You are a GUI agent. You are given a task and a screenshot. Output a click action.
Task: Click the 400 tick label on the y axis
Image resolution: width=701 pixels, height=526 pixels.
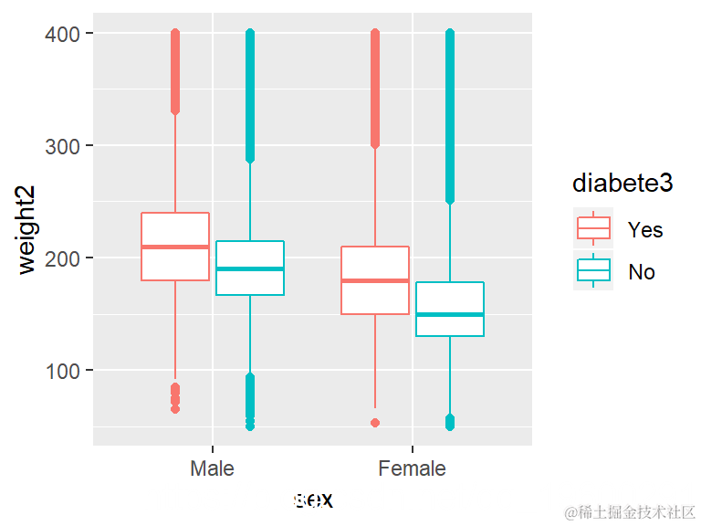pos(67,34)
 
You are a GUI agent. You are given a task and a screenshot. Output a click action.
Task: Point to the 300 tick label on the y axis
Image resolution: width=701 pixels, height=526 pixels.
pos(67,146)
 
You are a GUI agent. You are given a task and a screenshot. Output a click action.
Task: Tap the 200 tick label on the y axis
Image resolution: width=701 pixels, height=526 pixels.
pos(67,258)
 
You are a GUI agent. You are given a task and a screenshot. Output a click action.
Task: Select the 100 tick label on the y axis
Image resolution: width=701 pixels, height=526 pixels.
pos(67,371)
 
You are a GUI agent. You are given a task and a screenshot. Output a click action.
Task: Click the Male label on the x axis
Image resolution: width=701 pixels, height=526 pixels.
pos(212,469)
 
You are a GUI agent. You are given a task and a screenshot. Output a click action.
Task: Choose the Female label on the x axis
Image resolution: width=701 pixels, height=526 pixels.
pos(412,469)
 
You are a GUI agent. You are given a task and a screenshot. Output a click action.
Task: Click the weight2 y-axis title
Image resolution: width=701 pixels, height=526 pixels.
pos(26,238)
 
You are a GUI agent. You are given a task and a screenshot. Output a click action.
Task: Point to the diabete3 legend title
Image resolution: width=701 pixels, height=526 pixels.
pos(623,184)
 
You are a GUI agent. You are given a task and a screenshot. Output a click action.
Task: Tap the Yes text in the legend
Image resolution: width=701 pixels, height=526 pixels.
pos(645,230)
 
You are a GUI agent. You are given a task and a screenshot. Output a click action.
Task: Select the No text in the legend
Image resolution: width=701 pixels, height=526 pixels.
pos(642,272)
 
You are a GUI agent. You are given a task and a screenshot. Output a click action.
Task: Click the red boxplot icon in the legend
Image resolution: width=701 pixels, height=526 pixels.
pos(593,228)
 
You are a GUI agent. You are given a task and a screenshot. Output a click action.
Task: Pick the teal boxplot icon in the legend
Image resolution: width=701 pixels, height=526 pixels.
pos(593,271)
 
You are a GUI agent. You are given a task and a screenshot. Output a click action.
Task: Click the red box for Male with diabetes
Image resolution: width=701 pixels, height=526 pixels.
pos(175,228)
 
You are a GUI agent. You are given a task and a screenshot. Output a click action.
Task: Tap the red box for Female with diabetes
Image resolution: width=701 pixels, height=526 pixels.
pos(374,297)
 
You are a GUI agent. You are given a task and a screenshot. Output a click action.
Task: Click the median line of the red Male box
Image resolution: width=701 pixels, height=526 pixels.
pos(175,247)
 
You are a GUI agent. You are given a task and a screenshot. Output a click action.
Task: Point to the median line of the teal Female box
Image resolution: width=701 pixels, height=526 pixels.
pos(449,314)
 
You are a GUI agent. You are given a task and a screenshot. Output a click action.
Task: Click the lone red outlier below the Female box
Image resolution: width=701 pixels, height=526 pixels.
pos(374,423)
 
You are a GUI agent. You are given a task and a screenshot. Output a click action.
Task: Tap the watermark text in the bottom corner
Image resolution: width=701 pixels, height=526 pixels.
pos(630,511)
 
